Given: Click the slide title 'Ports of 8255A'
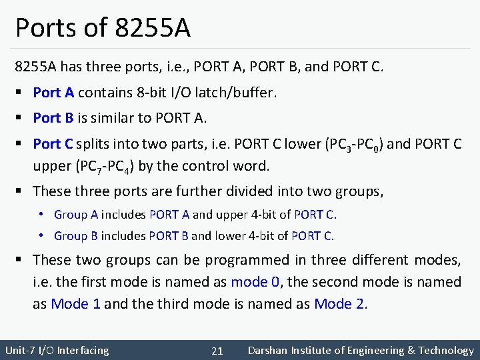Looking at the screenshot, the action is tap(103, 28).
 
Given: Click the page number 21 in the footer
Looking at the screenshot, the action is tap(217, 351).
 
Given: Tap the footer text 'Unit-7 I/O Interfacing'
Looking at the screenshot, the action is tap(57, 350).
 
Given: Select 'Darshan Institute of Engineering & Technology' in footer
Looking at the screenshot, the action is tap(360, 350).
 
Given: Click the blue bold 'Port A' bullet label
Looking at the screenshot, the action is tap(53, 93).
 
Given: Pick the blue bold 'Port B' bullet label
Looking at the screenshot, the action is tap(53, 118).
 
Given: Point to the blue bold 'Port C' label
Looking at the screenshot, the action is tap(53, 143).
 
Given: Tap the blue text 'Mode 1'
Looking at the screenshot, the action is tap(76, 304).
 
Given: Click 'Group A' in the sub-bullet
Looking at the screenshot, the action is tap(76, 215).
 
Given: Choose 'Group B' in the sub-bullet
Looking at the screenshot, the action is tap(76, 235).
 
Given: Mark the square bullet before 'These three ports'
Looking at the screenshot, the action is tap(22, 191).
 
